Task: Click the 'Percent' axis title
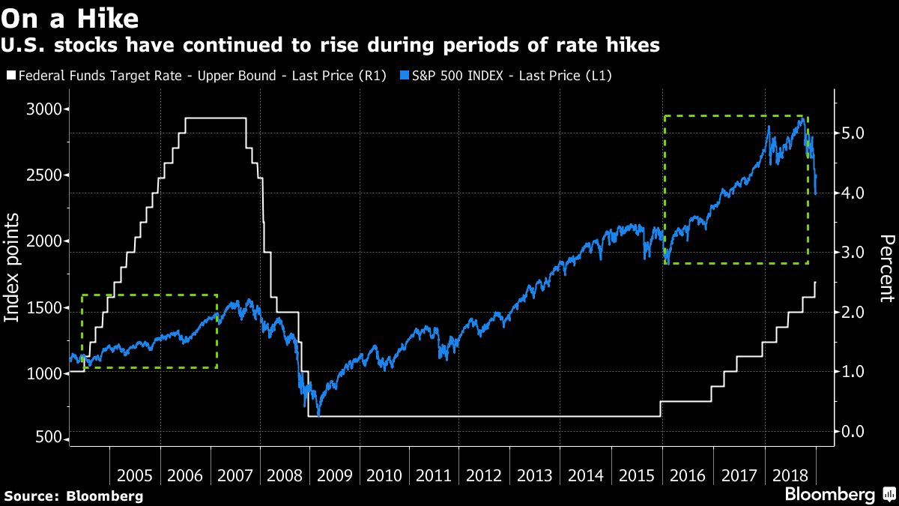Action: (886, 268)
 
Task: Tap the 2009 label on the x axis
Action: (333, 475)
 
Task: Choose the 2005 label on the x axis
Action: (135, 475)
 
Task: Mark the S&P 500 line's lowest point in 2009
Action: (318, 415)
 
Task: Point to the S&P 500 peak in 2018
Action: (802, 118)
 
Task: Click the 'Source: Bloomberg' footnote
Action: (73, 496)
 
